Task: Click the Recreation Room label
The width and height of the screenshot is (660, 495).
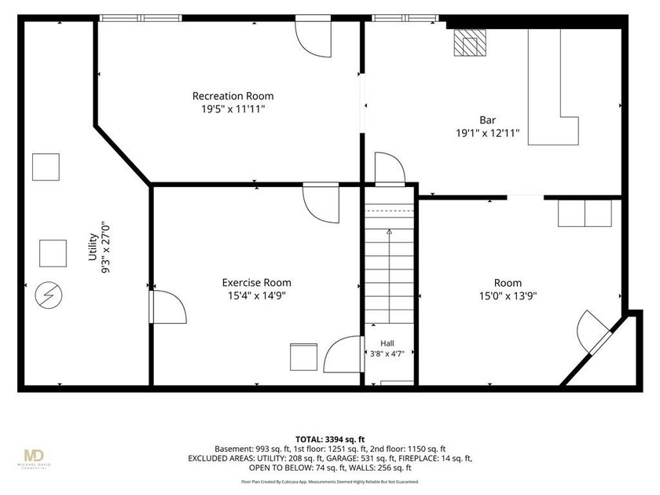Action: tap(233, 96)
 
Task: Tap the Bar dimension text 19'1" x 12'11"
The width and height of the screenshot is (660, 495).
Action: tap(488, 134)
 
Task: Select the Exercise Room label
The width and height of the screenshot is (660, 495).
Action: tap(257, 282)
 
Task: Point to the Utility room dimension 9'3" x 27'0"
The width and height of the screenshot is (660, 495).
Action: tap(105, 247)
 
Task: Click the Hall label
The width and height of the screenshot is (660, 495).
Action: tap(387, 343)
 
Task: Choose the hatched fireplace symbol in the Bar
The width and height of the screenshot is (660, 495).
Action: tap(470, 42)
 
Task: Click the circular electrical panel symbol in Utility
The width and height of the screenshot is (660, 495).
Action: tap(49, 295)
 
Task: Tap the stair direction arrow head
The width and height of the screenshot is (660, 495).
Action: tap(390, 232)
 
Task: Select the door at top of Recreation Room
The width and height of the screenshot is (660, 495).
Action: tap(313, 36)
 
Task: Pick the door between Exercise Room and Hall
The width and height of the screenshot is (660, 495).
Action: tap(343, 354)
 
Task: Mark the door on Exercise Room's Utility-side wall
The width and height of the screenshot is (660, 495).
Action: tap(167, 307)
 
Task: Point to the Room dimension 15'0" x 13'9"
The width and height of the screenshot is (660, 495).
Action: tap(508, 296)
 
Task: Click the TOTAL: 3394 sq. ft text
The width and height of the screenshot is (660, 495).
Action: tap(330, 440)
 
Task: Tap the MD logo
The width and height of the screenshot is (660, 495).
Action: tap(34, 456)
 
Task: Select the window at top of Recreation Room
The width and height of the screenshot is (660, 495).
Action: tap(141, 18)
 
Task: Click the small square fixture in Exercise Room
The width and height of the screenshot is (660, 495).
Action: tap(303, 357)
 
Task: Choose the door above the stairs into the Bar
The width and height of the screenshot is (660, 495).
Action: tap(390, 169)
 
